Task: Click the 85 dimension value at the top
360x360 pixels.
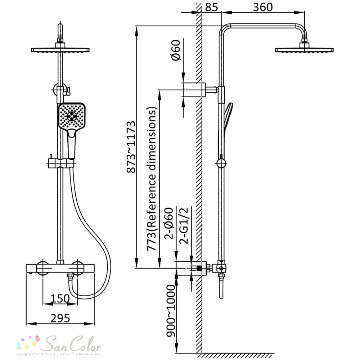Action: [x=211, y=7]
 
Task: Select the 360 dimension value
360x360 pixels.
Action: [x=263, y=7]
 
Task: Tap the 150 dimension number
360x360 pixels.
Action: [x=60, y=298]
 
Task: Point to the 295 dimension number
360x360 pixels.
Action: [x=60, y=318]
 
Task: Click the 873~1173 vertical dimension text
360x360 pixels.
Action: [x=131, y=147]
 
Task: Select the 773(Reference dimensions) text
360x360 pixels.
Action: [x=152, y=179]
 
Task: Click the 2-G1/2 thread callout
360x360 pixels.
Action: [x=184, y=225]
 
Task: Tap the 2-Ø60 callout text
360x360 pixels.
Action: [x=169, y=224]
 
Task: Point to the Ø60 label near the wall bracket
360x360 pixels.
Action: [x=176, y=50]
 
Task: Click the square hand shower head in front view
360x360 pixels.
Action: [x=72, y=116]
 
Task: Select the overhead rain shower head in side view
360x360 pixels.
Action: [x=305, y=48]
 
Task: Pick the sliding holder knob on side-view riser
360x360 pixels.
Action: [x=221, y=163]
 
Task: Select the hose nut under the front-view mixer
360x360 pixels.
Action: [x=70, y=276]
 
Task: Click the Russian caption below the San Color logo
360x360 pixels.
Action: [x=59, y=354]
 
